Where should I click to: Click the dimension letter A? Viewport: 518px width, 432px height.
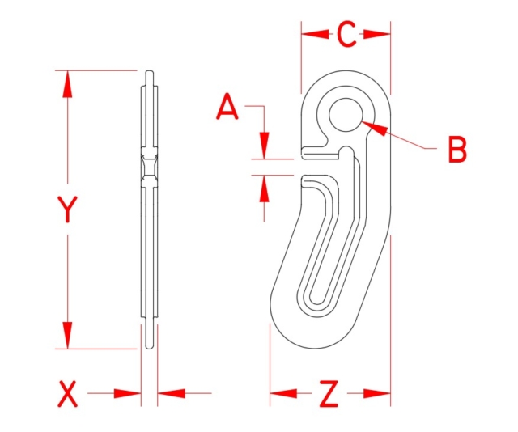click(x=229, y=107)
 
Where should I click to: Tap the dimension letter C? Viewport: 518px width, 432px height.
click(x=346, y=35)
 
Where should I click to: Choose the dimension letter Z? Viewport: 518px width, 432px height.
click(x=329, y=395)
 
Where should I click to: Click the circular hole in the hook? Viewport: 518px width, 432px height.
click(x=346, y=115)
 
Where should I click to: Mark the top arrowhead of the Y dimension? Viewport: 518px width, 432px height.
click(x=67, y=84)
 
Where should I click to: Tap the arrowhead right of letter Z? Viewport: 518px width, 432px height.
click(x=378, y=395)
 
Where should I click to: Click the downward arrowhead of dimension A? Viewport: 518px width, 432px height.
click(x=264, y=146)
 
